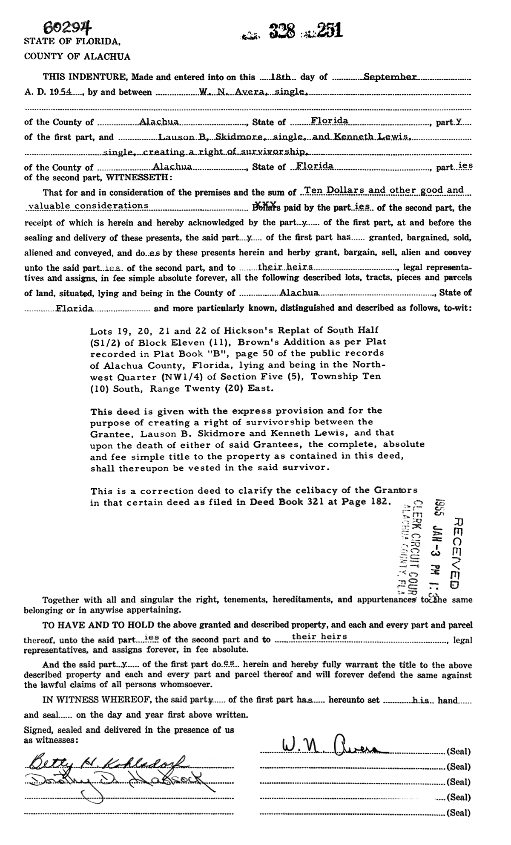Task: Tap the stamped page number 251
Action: click(x=328, y=30)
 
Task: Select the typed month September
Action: click(x=389, y=77)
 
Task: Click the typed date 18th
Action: click(x=281, y=77)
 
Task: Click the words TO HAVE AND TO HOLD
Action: click(x=99, y=625)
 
